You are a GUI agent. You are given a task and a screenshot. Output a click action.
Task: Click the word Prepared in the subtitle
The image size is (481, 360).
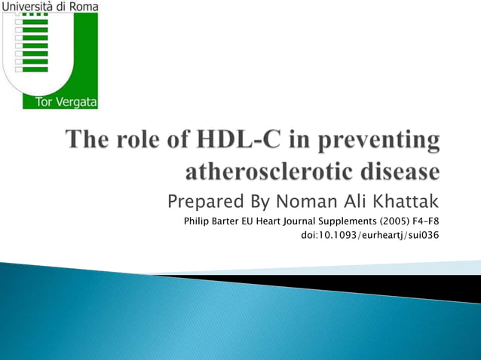pos(201,203)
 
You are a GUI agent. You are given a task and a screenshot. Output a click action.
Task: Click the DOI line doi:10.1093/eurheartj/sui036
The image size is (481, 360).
pos(369,236)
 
